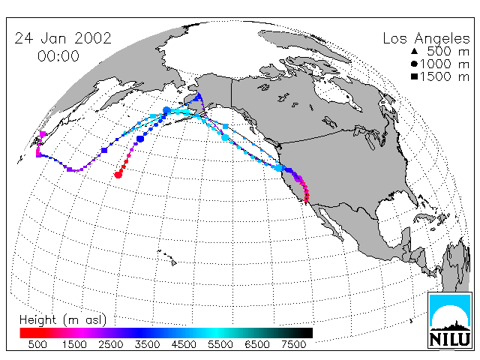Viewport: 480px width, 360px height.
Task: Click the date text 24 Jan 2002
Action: point(63,38)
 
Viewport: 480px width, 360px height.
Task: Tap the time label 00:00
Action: point(58,56)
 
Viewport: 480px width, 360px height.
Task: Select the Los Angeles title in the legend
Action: point(427,39)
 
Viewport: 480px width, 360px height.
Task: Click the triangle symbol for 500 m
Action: point(414,51)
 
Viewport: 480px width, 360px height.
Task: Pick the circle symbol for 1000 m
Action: point(414,64)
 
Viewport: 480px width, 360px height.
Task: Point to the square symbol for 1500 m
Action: point(414,76)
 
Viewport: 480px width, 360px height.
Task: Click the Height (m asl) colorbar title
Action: point(63,320)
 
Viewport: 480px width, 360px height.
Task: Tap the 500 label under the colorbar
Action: point(37,344)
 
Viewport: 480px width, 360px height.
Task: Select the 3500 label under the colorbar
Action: point(147,344)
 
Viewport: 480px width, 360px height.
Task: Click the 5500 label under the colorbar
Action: point(220,344)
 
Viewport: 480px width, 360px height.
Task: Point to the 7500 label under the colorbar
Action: point(293,344)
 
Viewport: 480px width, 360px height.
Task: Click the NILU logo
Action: point(450,320)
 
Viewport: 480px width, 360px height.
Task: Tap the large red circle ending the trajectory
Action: point(118,175)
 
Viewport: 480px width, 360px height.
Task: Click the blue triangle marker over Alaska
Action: point(199,97)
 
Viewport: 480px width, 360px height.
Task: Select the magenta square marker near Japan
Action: point(43,134)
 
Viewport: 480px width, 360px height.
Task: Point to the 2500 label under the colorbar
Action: point(110,344)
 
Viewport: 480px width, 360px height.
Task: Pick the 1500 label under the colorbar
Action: point(74,344)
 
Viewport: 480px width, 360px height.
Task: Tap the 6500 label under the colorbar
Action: point(256,344)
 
